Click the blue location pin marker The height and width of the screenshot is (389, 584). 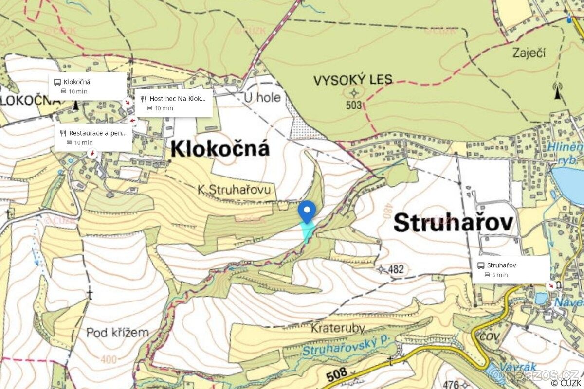click(307, 212)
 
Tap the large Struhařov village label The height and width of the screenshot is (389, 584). click(453, 223)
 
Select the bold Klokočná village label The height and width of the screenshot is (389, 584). click(220, 149)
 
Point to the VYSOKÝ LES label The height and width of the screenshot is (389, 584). click(353, 80)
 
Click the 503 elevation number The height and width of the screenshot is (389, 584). click(354, 105)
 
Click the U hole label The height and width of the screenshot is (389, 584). click(262, 98)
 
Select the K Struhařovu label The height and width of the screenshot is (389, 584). click(234, 190)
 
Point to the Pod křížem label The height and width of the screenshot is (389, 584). click(117, 333)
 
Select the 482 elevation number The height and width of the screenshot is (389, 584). click(396, 269)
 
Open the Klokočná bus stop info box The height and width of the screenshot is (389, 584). click(88, 86)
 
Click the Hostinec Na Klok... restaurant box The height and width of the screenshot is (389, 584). click(173, 103)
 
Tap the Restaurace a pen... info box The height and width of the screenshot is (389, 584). click(93, 137)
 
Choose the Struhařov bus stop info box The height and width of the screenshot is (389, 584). click(511, 269)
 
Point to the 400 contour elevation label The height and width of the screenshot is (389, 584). click(109, 359)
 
